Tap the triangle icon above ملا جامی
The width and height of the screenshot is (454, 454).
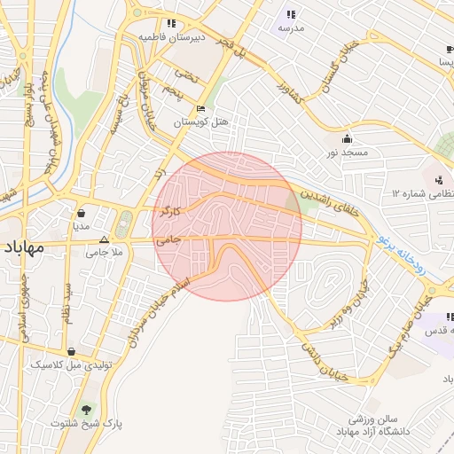tap(105, 239)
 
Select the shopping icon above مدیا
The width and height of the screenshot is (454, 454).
tap(82, 213)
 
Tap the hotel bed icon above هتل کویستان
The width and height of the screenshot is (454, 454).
tap(200, 108)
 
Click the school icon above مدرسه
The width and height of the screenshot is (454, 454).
tap(290, 14)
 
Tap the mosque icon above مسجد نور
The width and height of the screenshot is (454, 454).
tap(347, 138)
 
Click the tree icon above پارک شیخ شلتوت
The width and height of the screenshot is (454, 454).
tap(86, 410)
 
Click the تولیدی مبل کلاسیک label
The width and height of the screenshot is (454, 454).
tap(69, 364)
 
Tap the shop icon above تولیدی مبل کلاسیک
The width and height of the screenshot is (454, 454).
tap(71, 351)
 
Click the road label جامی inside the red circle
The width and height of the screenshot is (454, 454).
tap(168, 239)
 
